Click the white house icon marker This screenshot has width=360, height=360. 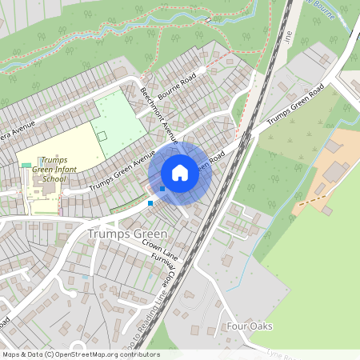coord(180,173)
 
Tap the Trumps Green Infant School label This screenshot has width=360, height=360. coord(54,170)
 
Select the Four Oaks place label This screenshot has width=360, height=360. coord(250,326)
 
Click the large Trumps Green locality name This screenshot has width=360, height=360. coord(127,234)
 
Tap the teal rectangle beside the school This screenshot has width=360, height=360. coord(26,165)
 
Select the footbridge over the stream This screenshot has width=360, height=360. coord(207,20)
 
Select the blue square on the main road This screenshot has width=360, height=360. coord(150,202)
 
